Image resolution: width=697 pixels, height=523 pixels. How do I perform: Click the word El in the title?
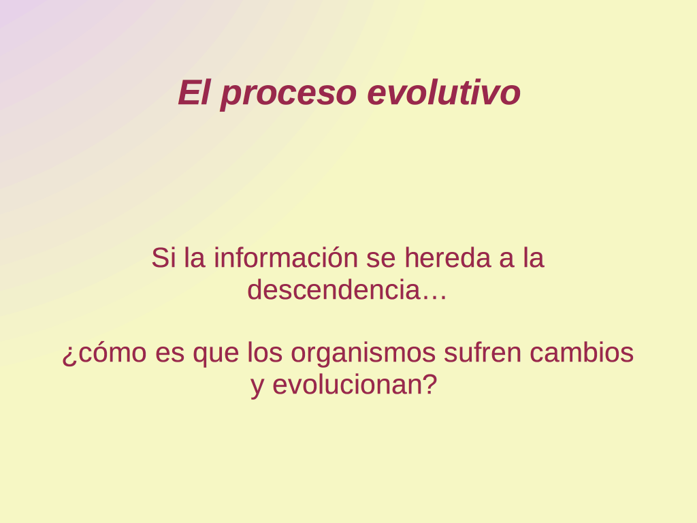pyautogui.click(x=194, y=93)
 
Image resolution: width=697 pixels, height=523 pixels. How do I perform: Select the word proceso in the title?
pyautogui.click(x=289, y=95)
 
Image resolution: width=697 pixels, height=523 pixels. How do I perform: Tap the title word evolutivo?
pyautogui.click(x=444, y=93)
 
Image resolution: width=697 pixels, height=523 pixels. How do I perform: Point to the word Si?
pyautogui.click(x=161, y=257)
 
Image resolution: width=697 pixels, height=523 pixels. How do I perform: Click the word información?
pyautogui.click(x=286, y=257)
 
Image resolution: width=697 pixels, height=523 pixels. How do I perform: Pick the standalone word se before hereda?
pyautogui.click(x=381, y=260)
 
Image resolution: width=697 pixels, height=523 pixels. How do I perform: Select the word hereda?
pyautogui.click(x=447, y=257)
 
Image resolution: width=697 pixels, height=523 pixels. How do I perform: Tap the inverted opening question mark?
pyautogui.click(x=68, y=355)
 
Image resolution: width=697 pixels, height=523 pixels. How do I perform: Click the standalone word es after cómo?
pyautogui.click(x=169, y=355)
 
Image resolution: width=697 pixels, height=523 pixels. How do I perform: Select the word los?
pyautogui.click(x=265, y=352)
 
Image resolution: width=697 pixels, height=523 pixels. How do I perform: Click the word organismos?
pyautogui.click(x=363, y=355)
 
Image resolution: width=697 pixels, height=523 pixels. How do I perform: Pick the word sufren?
pyautogui.click(x=483, y=352)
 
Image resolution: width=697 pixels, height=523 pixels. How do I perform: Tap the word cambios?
pyautogui.click(x=581, y=352)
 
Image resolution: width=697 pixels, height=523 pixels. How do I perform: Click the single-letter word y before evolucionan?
pyautogui.click(x=257, y=387)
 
